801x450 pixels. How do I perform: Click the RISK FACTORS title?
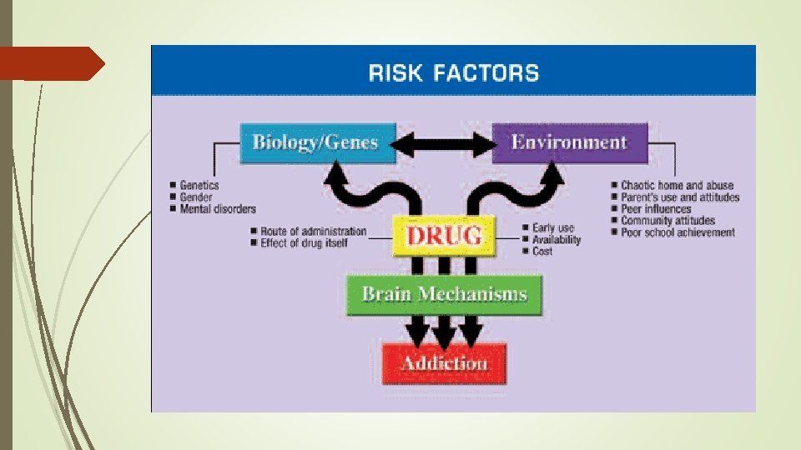click(x=454, y=72)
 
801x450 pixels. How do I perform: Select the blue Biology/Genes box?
click(x=315, y=142)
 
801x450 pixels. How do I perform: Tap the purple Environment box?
click(x=569, y=142)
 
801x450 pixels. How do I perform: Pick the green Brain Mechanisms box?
click(x=444, y=294)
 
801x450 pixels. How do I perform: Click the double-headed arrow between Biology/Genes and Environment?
click(x=442, y=145)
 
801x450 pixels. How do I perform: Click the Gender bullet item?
click(x=196, y=197)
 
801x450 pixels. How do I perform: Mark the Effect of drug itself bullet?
click(x=301, y=242)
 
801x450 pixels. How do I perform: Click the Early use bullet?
click(x=553, y=227)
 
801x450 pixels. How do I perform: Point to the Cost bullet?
click(x=542, y=251)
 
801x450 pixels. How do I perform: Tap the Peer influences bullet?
click(x=656, y=209)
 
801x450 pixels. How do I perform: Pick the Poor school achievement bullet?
click(x=678, y=232)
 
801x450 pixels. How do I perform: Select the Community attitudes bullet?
click(x=667, y=221)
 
